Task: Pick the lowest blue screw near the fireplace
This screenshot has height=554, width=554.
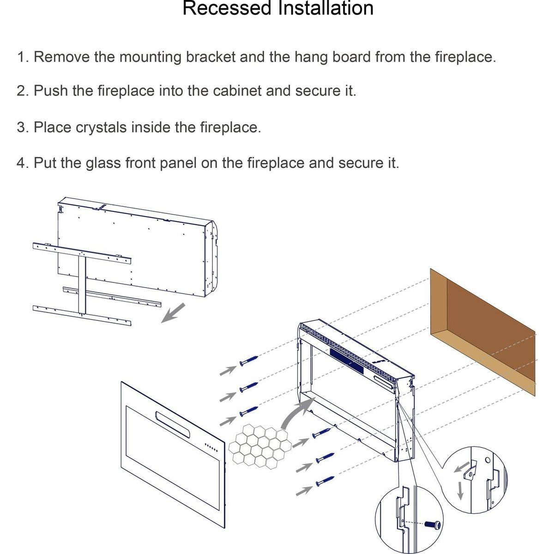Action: click(325, 481)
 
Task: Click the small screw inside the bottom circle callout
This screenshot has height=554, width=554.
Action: click(433, 525)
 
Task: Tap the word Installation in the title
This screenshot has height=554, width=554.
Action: click(325, 8)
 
